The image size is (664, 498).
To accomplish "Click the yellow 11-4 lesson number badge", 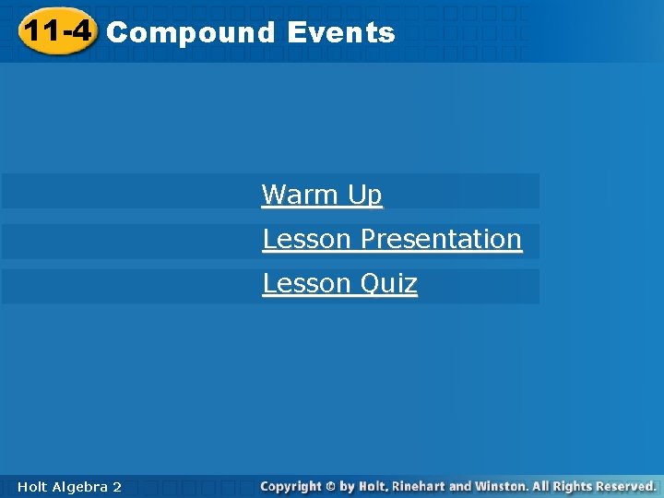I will pos(57,32).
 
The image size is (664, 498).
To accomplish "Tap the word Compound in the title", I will pos(191,33).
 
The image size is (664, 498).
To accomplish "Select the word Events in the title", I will pos(340,33).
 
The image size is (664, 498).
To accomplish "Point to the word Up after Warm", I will pos(364,195).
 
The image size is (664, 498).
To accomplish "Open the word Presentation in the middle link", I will pos(441,239).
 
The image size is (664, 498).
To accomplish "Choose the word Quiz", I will pos(388,283).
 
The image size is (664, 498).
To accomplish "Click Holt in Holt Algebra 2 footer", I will pos(31,486).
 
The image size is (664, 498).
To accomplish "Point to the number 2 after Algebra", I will pos(117,486).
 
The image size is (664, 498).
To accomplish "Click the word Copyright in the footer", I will pos(290,486).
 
